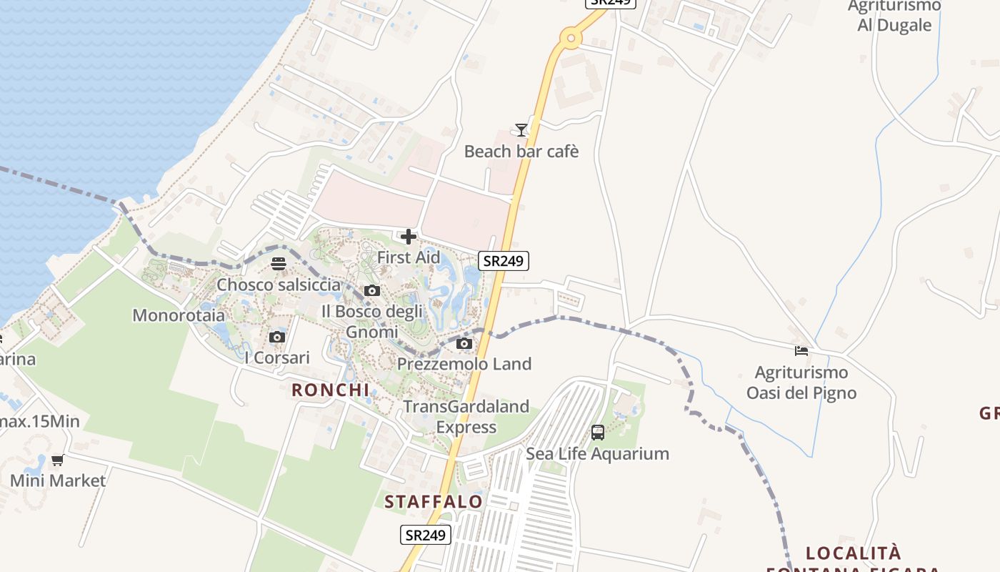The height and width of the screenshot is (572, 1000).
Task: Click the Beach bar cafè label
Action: click(x=521, y=152)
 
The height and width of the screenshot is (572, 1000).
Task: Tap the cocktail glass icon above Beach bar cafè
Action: click(x=521, y=129)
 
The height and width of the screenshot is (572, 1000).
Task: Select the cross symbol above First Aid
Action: click(x=409, y=237)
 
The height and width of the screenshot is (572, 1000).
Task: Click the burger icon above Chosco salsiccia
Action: click(x=279, y=264)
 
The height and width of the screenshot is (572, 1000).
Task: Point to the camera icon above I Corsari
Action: click(x=277, y=337)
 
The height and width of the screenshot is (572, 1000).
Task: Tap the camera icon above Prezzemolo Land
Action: click(x=464, y=343)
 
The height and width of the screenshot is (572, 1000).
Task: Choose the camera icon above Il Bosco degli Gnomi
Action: click(x=371, y=290)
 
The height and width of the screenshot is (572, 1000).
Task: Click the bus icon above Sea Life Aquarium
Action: click(x=598, y=433)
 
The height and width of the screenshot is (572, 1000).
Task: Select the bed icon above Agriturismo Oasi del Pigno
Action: click(x=801, y=350)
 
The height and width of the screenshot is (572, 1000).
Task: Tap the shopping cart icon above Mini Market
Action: click(x=58, y=460)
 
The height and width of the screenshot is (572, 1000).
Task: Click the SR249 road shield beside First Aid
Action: click(x=504, y=261)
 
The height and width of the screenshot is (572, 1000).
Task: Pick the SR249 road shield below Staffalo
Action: click(x=426, y=534)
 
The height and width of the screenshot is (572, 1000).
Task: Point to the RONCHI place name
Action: click(x=330, y=390)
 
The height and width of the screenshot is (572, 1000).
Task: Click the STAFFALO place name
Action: click(x=434, y=502)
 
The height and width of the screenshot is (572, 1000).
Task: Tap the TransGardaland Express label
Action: click(x=466, y=417)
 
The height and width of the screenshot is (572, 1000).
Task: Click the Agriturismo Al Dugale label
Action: click(x=894, y=16)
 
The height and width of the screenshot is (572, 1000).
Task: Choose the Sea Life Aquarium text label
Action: click(x=597, y=453)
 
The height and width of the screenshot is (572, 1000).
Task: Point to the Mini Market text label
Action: click(x=58, y=480)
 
